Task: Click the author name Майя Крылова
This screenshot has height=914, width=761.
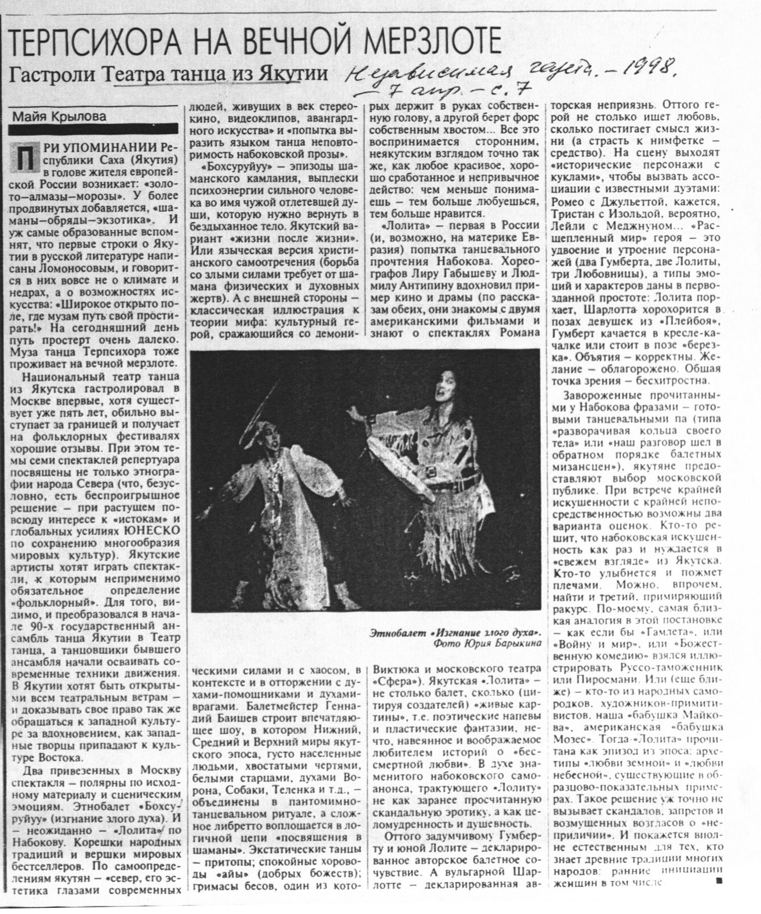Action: (x=59, y=116)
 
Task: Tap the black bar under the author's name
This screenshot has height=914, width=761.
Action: (x=93, y=129)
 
